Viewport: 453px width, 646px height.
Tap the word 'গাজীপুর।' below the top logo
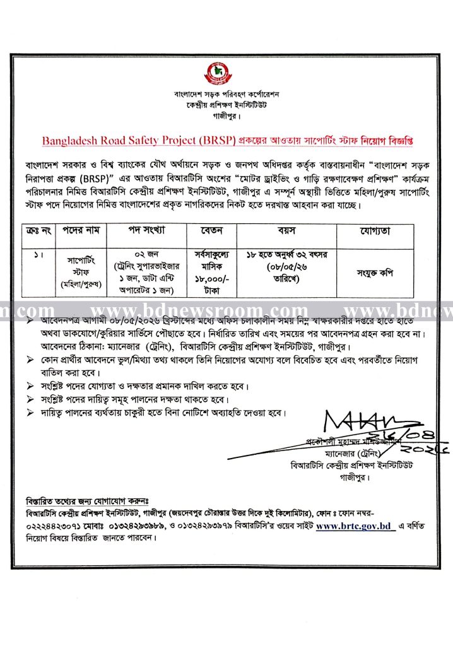[x=226, y=117]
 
